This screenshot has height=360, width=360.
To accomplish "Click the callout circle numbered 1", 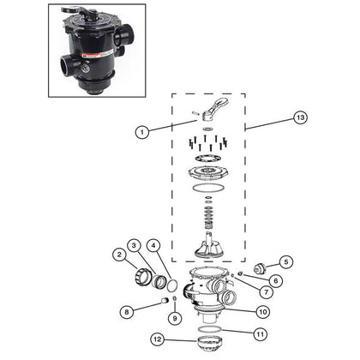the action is point(142,132).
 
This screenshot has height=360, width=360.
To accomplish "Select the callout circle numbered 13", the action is point(301,117).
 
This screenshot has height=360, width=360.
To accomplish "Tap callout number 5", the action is point(286,262).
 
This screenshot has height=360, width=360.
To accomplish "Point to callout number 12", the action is point(158,339).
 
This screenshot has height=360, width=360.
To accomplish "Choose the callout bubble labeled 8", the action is point(127,312).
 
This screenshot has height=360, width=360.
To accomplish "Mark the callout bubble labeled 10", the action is point(263,311).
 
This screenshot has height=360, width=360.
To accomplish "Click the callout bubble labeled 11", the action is point(260,334).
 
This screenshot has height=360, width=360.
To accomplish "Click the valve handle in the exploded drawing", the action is point(215,108).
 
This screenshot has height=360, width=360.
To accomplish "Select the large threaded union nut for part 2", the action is point(142,277).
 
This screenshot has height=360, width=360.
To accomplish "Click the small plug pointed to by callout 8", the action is point(164,300).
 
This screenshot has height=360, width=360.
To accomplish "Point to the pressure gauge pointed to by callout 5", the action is point(260,268).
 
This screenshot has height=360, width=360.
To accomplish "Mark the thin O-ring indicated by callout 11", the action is point(210,329).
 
